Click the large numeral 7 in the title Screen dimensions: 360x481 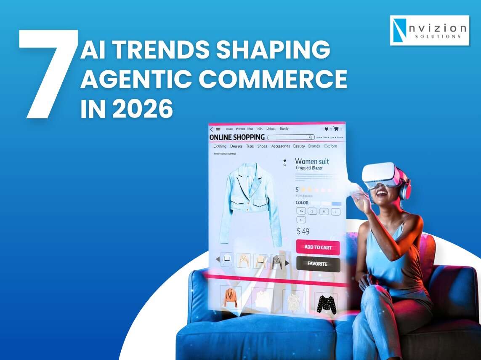[48, 74]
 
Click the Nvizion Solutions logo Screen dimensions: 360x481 [429, 30]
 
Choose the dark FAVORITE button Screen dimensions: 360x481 [318, 264]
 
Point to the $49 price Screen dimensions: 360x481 [303, 231]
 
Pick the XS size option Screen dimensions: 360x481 [301, 211]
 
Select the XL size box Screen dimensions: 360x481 [301, 220]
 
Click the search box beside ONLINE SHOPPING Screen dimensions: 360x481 [290, 137]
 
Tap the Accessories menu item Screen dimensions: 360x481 [280, 147]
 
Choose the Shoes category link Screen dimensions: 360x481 [262, 147]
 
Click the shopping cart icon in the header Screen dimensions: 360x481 [336, 129]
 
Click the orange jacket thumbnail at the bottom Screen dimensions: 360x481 [231, 298]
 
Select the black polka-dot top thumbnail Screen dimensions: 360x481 [326, 303]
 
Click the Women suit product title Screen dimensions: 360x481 [312, 161]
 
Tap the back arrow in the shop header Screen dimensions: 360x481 [211, 129]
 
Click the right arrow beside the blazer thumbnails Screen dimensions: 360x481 [287, 263]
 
